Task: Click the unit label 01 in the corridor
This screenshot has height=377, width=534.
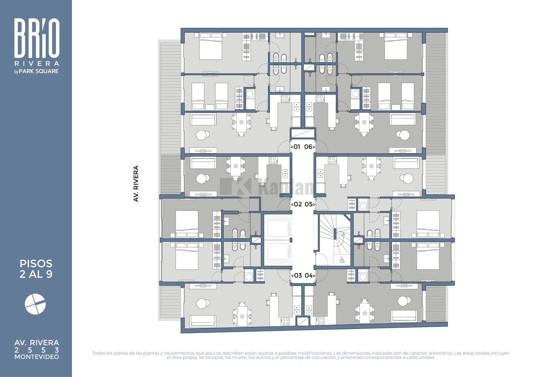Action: pyautogui.click(x=297, y=147)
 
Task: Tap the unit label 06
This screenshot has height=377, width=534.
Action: pyautogui.click(x=308, y=147)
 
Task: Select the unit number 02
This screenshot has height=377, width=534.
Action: pyautogui.click(x=298, y=204)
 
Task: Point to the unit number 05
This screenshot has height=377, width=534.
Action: pyautogui.click(x=309, y=204)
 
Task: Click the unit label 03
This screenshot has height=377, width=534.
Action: pyautogui.click(x=298, y=275)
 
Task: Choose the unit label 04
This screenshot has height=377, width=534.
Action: pyautogui.click(x=309, y=275)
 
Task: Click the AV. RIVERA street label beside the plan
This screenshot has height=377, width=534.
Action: pyautogui.click(x=136, y=184)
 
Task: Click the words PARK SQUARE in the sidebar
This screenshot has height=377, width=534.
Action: pyautogui.click(x=39, y=71)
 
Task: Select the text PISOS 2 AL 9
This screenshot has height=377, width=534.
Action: pyautogui.click(x=36, y=269)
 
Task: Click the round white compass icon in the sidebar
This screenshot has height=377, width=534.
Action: pyautogui.click(x=35, y=304)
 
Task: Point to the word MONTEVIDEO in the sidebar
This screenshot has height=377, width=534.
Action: pyautogui.click(x=37, y=357)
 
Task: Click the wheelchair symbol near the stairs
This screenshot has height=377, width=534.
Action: pyautogui.click(x=342, y=261)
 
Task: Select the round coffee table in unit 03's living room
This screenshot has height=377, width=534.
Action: pyautogui.click(x=203, y=304)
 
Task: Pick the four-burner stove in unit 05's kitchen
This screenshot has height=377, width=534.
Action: pyautogui.click(x=332, y=161)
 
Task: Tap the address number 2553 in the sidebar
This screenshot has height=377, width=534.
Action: pyautogui.click(x=37, y=350)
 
